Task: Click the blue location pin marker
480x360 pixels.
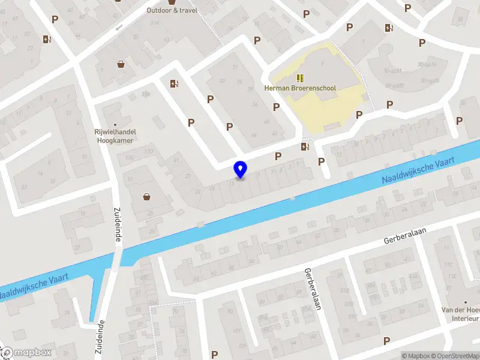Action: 241,169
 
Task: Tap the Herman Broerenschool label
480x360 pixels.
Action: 300,88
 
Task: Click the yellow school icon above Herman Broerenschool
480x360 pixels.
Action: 300,77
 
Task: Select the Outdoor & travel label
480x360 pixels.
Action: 172,10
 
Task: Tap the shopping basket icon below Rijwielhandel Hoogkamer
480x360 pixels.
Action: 146,196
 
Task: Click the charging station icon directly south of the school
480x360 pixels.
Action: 305,146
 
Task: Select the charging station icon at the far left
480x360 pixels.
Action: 47,40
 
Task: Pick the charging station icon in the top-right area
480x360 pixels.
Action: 389,27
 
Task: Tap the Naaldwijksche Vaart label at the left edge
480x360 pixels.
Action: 33,287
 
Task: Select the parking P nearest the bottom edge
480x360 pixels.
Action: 386,341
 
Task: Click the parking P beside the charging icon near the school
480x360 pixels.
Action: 278,156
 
